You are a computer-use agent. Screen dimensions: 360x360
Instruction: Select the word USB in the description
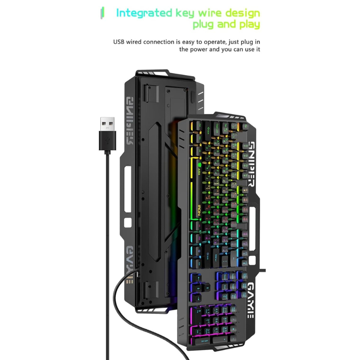(x=120, y=42)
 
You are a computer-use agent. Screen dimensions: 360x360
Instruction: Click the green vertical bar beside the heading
(x=103, y=13)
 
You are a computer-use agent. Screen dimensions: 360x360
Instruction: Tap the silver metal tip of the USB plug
(x=107, y=124)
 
